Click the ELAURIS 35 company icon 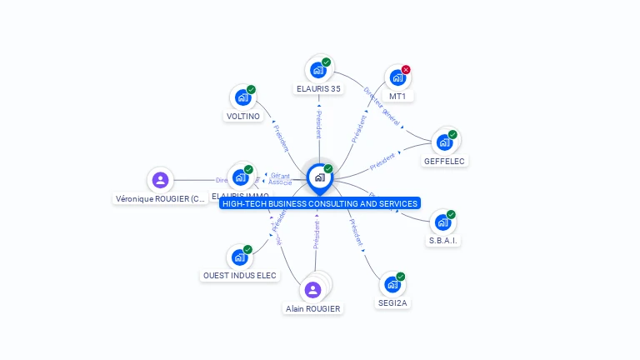[x=317, y=70]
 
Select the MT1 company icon [x=397, y=77]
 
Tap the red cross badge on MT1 [x=406, y=70]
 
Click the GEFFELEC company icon [x=444, y=142]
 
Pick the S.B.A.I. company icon [x=442, y=222]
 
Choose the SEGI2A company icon [x=392, y=284]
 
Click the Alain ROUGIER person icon [x=313, y=290]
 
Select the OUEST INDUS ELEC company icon [x=240, y=257]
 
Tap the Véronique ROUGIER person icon [x=161, y=180]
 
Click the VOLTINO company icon [x=242, y=97]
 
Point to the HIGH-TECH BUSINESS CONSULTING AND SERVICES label [x=320, y=203]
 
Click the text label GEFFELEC [x=444, y=161]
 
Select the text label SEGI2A [x=392, y=303]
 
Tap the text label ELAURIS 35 [x=318, y=88]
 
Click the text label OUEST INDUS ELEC [x=240, y=276]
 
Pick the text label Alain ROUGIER [x=313, y=308]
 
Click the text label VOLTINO [x=243, y=117]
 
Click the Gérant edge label [x=280, y=176]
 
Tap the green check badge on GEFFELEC [x=452, y=134]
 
